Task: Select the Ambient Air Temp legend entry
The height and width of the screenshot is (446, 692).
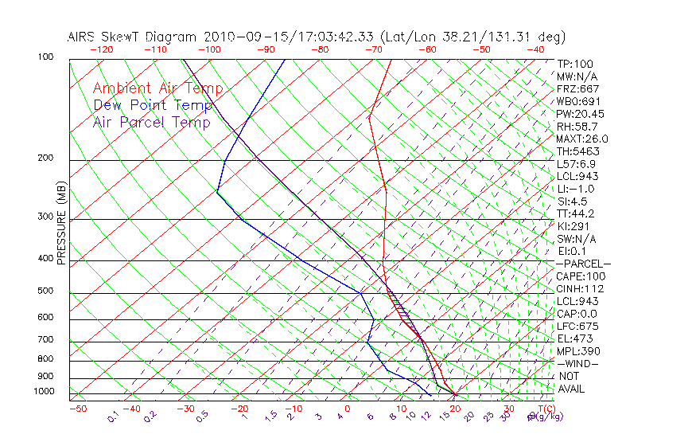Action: [157, 88]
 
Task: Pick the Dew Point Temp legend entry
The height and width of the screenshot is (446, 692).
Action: [153, 105]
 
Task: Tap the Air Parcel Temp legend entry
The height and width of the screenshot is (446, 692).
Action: [151, 122]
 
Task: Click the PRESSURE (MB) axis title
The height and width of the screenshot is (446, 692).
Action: [62, 224]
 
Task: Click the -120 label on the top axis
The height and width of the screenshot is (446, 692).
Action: [101, 49]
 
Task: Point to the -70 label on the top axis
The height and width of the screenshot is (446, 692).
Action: [373, 49]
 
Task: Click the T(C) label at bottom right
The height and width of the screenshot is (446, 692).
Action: [538, 409]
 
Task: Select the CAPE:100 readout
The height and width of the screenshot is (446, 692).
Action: [580, 276]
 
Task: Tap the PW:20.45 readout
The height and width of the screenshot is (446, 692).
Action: [580, 114]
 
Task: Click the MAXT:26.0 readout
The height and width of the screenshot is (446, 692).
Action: [582, 139]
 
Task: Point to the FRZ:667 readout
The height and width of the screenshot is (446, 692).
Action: [578, 88]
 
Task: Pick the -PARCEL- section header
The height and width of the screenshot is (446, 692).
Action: [583, 264]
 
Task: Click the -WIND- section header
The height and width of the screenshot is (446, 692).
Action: [578, 363]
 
